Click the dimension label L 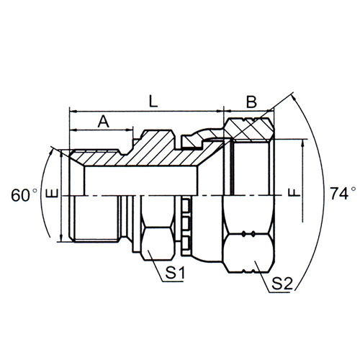click(153, 102)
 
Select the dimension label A click(104, 122)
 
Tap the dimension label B click(251, 102)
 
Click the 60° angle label click(24, 195)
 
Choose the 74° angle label click(343, 194)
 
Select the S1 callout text click(175, 273)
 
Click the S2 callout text click(282, 284)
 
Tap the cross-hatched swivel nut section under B click(248, 129)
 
